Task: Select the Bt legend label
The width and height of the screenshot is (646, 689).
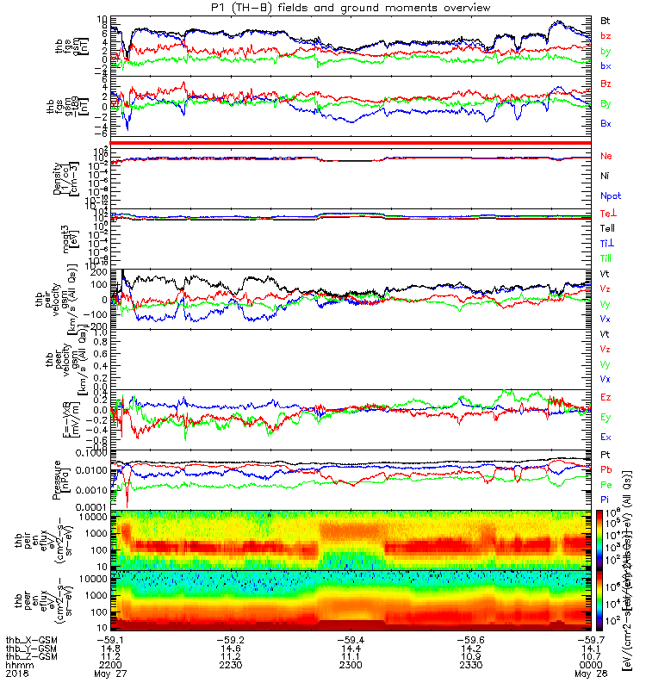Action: (x=606, y=19)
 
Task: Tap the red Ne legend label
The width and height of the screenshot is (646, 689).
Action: (x=606, y=157)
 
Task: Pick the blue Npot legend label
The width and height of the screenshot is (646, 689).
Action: (x=610, y=196)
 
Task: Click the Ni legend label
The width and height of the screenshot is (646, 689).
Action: (x=606, y=177)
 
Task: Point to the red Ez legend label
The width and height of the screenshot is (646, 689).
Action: (x=606, y=397)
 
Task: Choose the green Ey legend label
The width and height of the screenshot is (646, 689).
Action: (x=606, y=417)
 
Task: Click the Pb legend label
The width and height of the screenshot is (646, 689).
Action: (x=606, y=471)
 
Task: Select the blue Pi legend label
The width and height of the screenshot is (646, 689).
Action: (x=606, y=499)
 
